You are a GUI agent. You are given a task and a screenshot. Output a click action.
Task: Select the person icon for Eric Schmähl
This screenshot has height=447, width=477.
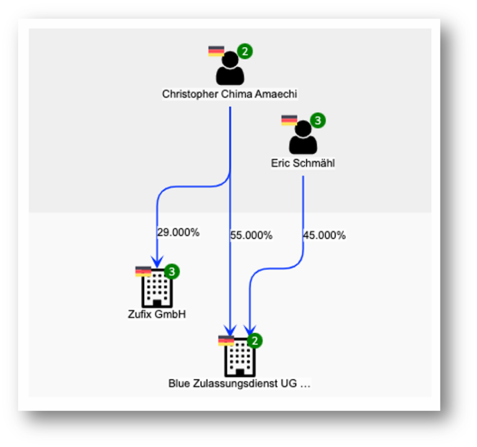click(302, 139)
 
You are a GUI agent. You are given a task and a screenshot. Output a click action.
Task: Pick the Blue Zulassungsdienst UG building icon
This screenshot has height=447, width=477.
click(240, 358)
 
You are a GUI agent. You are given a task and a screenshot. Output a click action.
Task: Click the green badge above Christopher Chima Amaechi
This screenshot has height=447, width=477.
click(245, 52)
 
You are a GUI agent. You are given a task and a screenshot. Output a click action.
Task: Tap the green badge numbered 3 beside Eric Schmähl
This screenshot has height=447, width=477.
click(318, 120)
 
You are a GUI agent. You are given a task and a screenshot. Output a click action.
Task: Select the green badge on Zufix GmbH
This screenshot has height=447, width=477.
click(172, 272)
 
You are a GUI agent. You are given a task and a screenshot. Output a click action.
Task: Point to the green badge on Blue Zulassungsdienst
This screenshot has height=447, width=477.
click(255, 341)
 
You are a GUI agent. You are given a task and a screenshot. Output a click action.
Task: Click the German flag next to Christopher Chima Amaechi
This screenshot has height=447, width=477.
click(216, 51)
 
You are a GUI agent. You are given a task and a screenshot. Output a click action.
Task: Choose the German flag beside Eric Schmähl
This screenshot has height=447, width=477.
click(289, 120)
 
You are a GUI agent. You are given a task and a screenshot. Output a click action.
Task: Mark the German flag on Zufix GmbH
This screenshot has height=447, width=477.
click(143, 272)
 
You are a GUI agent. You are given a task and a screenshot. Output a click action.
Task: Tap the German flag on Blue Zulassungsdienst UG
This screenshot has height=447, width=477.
click(226, 341)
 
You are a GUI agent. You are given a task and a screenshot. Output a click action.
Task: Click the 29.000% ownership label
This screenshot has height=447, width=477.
click(178, 233)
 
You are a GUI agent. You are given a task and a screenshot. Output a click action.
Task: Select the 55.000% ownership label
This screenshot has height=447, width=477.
click(252, 236)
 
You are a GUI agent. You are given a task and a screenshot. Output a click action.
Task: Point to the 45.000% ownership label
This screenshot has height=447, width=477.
click(324, 236)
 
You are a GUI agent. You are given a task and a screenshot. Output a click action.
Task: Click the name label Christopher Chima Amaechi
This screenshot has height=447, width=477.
click(230, 94)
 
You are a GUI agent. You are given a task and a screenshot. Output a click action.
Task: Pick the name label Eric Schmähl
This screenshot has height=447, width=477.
click(303, 164)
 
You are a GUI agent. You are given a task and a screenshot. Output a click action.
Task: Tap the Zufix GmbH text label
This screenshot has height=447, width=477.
click(157, 315)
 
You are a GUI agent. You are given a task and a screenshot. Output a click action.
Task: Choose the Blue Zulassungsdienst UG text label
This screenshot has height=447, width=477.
click(240, 384)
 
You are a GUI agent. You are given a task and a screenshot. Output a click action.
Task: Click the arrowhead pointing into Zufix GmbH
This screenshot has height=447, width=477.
click(157, 261)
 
